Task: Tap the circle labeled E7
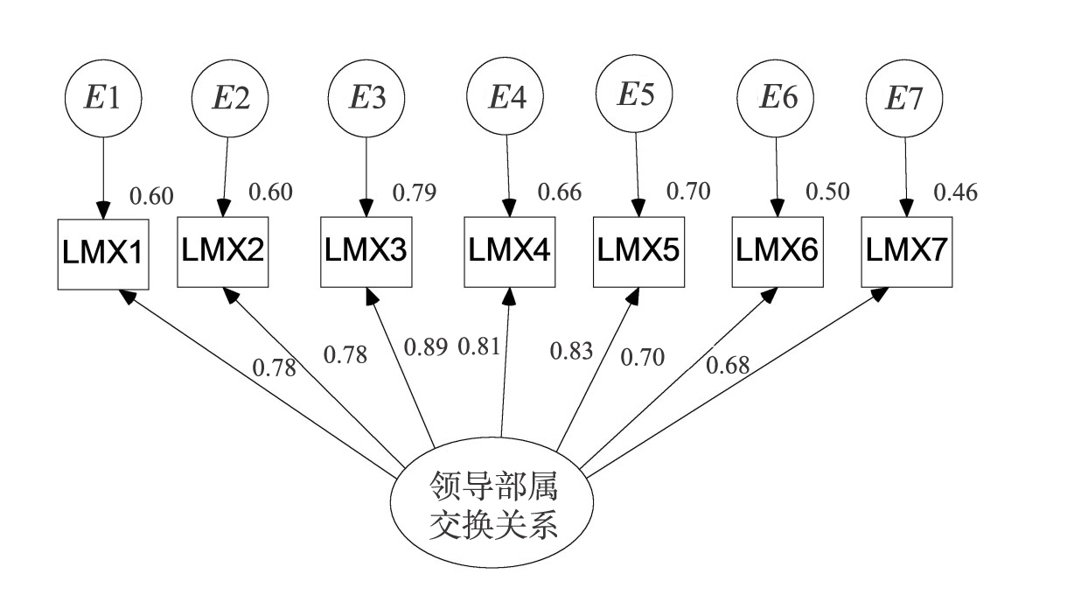click(904, 99)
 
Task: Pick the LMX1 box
click(103, 254)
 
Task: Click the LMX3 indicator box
click(366, 251)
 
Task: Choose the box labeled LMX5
click(637, 251)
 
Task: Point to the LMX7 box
click(905, 251)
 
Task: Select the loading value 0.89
click(425, 347)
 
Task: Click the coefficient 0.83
click(571, 353)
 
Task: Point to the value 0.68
click(728, 365)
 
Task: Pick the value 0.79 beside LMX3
click(413, 192)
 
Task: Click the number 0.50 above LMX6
click(827, 192)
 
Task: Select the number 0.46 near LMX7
click(956, 192)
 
